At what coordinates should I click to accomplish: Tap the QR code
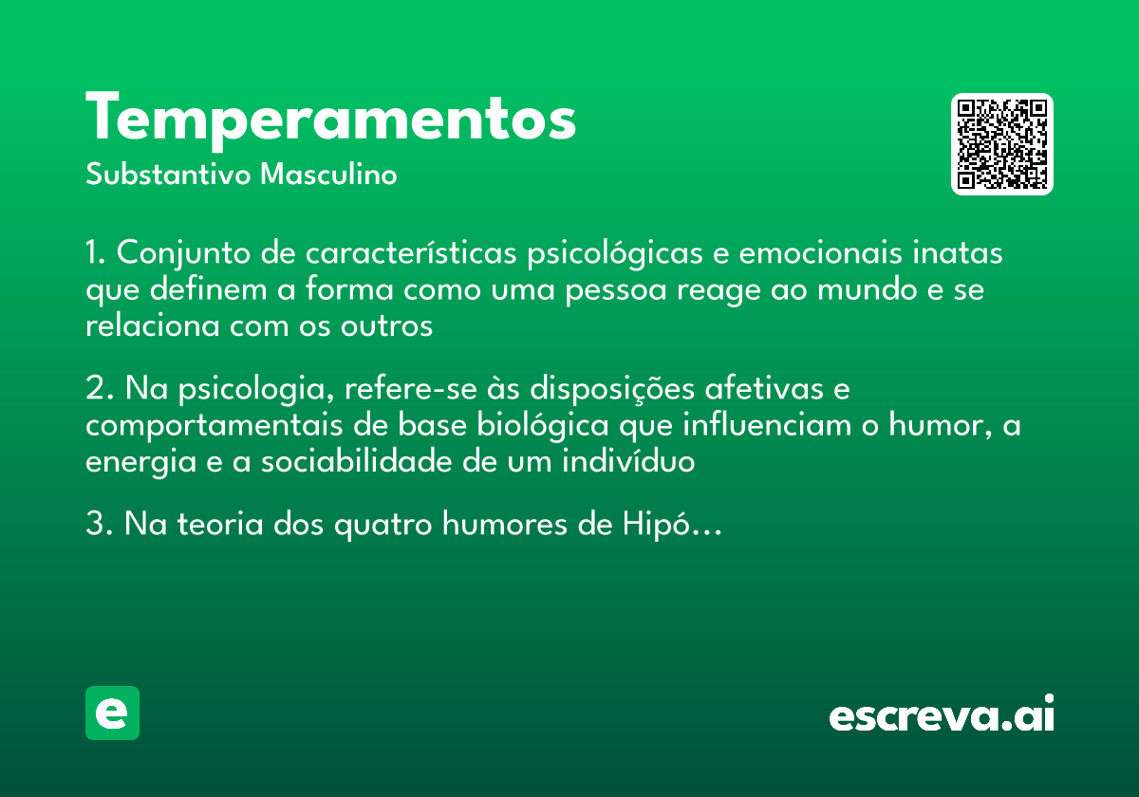coord(1002,144)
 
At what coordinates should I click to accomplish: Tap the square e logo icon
coord(113,713)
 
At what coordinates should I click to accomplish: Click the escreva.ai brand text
coord(942,714)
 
